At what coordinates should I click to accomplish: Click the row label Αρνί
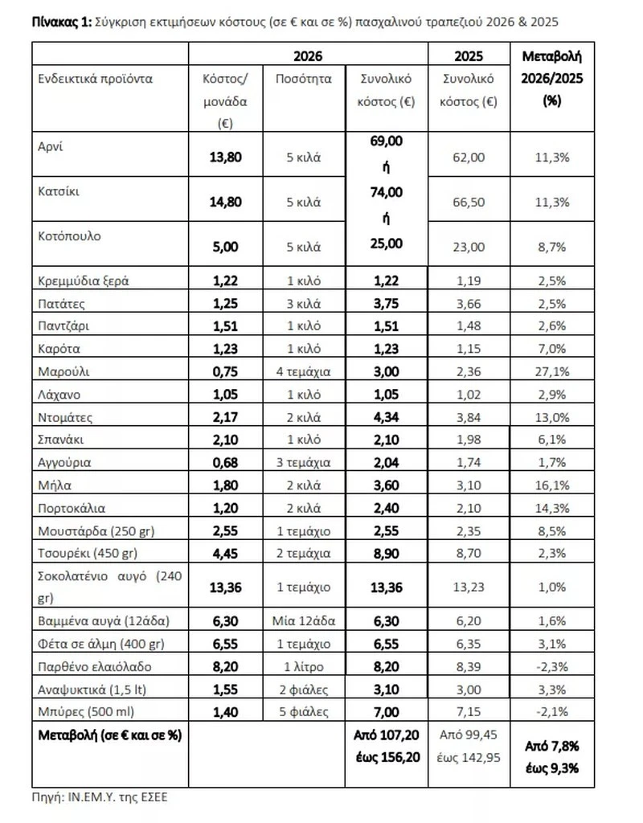pyautogui.click(x=50, y=146)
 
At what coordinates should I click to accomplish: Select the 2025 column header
pyautogui.click(x=469, y=55)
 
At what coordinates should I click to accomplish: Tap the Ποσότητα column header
pyautogui.click(x=303, y=79)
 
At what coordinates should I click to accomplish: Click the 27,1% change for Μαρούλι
pyautogui.click(x=551, y=371)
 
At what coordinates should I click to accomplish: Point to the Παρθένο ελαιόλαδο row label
pyautogui.click(x=94, y=666)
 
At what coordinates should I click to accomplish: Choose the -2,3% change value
pyautogui.click(x=551, y=666)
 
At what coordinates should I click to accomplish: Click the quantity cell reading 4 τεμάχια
pyautogui.click(x=303, y=371)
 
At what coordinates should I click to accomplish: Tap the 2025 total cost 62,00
pyautogui.click(x=469, y=157)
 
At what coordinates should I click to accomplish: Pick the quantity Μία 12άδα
pyautogui.click(x=303, y=621)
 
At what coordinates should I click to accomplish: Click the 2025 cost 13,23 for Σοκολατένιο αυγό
pyautogui.click(x=469, y=587)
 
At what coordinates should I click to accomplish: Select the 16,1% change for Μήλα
pyautogui.click(x=551, y=485)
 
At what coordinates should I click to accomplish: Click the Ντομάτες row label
pyautogui.click(x=66, y=417)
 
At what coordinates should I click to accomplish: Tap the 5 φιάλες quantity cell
pyautogui.click(x=303, y=712)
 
